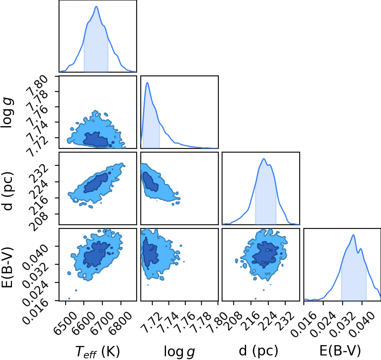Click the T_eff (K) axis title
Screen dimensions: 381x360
click(98, 351)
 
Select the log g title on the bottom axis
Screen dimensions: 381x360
click(180, 351)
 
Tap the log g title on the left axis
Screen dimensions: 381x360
click(7, 113)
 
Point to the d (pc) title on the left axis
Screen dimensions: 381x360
click(7, 191)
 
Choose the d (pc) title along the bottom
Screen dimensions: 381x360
click(258, 351)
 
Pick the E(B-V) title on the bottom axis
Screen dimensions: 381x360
click(340, 351)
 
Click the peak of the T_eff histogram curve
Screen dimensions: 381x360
click(96, 6)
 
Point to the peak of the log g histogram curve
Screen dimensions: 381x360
click(147, 82)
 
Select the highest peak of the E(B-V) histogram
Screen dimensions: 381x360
click(353, 235)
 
